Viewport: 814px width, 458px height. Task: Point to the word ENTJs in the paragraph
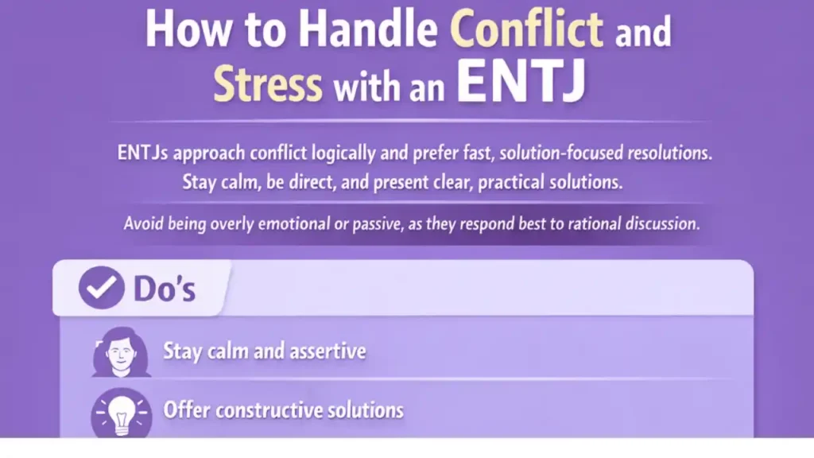tap(147, 153)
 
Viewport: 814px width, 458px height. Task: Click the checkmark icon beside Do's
tap(101, 287)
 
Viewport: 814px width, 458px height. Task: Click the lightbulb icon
tap(121, 412)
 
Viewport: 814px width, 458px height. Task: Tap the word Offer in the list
tap(186, 410)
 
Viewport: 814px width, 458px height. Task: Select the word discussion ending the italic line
tap(660, 223)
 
